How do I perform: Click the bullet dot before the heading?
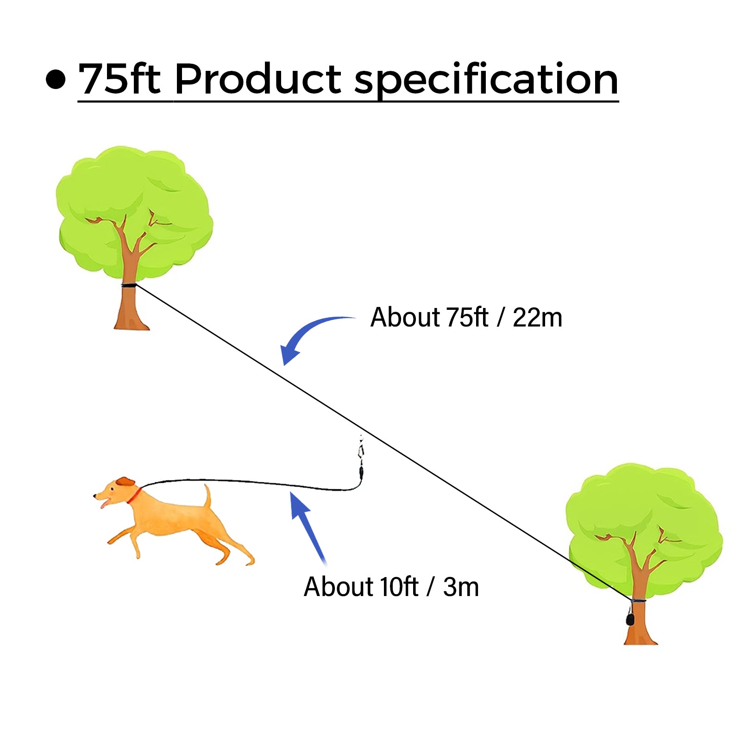point(56,79)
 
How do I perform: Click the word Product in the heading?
point(258,79)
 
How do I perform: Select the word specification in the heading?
point(486,80)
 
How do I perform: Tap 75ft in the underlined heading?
point(119,79)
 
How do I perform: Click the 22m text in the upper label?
point(537,318)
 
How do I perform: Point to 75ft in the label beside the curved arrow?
point(467,318)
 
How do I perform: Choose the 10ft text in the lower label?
point(399,587)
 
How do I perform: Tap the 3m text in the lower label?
point(461,587)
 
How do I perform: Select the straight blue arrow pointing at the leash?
point(308,526)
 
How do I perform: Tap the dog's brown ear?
point(125,482)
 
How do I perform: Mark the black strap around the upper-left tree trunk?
point(128,285)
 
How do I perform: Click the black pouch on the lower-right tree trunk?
point(630,618)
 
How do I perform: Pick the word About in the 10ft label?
point(339,587)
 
